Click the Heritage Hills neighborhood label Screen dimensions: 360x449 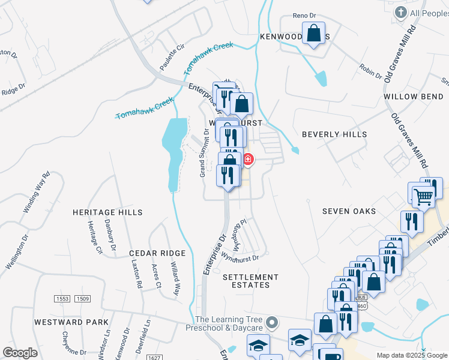click(107, 212)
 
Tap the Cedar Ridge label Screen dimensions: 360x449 click(157, 254)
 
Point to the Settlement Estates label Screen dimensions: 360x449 click(250, 281)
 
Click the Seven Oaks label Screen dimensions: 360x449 click(349, 211)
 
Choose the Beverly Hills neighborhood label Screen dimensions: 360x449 click(334, 134)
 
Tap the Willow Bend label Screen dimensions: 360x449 click(415, 97)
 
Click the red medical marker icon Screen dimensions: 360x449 click(247, 160)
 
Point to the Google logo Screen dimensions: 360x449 click(20, 353)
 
